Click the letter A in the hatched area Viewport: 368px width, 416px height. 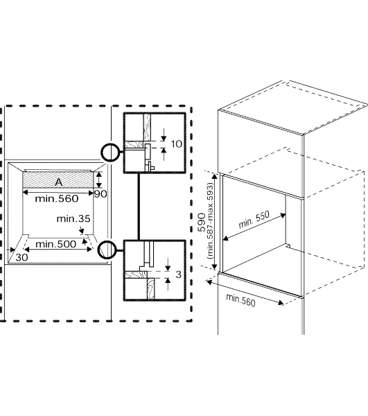59,182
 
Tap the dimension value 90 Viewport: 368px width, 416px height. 100,194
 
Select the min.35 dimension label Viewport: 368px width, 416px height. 73,218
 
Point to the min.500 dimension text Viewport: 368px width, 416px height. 55,244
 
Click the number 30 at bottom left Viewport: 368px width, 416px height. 21,257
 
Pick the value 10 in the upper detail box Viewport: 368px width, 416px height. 177,144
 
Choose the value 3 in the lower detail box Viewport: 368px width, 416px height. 178,275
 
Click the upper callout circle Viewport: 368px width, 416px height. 110,153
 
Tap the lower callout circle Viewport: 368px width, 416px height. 107,250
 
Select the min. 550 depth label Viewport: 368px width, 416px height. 254,220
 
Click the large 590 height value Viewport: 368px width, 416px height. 202,222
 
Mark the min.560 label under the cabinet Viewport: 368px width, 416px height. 240,300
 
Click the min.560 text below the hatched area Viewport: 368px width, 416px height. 57,198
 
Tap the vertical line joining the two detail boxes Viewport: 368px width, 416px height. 139,207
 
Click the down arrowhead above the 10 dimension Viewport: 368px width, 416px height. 164,138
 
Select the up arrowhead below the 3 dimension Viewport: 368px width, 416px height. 168,280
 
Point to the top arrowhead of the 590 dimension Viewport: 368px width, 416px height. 215,176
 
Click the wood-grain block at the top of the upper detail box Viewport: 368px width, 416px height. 147,127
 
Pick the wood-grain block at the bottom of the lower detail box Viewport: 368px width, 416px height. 150,288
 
